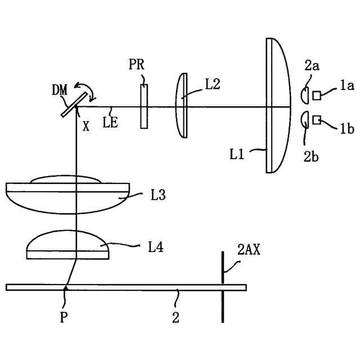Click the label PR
[136, 65]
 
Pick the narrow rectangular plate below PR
[145, 106]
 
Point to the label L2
[212, 84]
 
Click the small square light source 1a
[317, 95]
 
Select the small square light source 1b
[317, 119]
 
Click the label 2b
[312, 156]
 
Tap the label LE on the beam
[110, 121]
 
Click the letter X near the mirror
[85, 127]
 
